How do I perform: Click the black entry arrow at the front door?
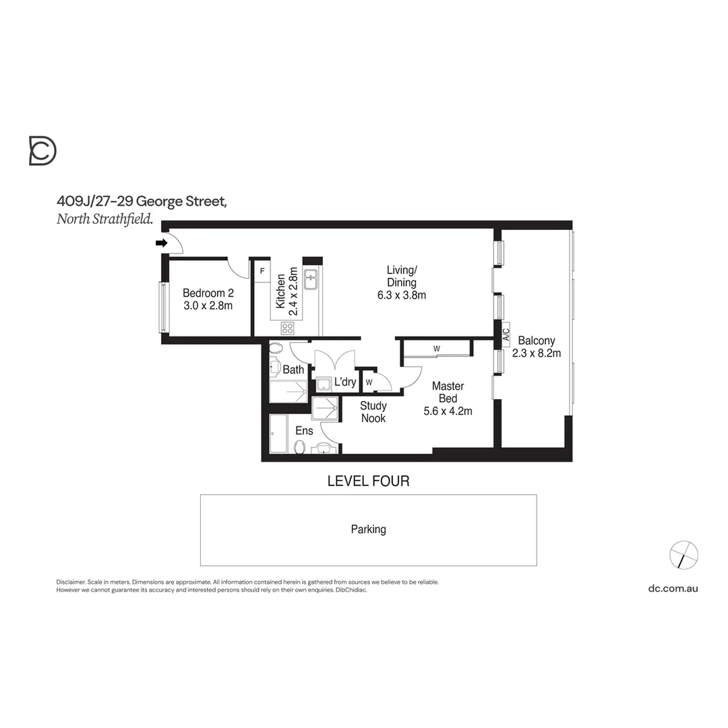pyautogui.click(x=161, y=243)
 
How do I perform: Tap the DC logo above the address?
pyautogui.click(x=42, y=150)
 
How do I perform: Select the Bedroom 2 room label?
pyautogui.click(x=208, y=293)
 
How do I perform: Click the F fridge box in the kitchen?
pyautogui.click(x=262, y=271)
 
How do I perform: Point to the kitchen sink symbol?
pyautogui.click(x=311, y=278)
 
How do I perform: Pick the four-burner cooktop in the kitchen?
pyautogui.click(x=288, y=328)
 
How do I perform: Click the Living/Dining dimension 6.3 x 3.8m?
pyautogui.click(x=402, y=295)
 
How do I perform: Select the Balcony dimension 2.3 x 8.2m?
pyautogui.click(x=537, y=353)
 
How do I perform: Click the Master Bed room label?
pyautogui.click(x=448, y=392)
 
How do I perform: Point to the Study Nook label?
pyautogui.click(x=373, y=412)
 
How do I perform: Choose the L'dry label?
pyautogui.click(x=345, y=382)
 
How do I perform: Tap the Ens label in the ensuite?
pyautogui.click(x=304, y=431)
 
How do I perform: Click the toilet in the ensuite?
pyautogui.click(x=300, y=447)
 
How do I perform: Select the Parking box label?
pyautogui.click(x=368, y=530)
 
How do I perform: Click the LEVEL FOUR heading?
pyautogui.click(x=368, y=481)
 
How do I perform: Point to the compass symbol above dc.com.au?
pyautogui.click(x=684, y=555)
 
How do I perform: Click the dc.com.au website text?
pyautogui.click(x=673, y=588)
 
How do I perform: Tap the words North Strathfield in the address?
pyautogui.click(x=104, y=218)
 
